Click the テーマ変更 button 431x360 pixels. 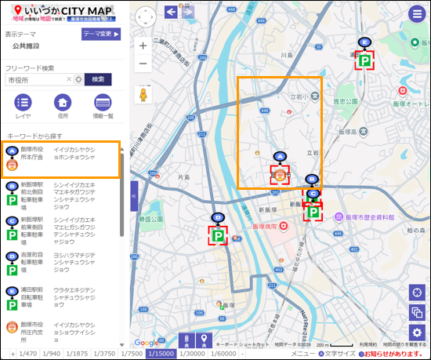(101, 35)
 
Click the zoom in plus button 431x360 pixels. (143, 46)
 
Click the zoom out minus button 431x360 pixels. (143, 64)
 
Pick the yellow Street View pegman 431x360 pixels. (143, 95)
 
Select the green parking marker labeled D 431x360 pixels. (218, 234)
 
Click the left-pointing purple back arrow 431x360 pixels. (171, 11)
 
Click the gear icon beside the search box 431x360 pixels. (78, 79)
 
